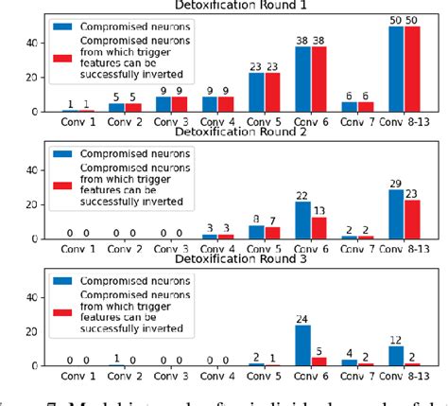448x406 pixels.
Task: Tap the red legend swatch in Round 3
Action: point(63,312)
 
